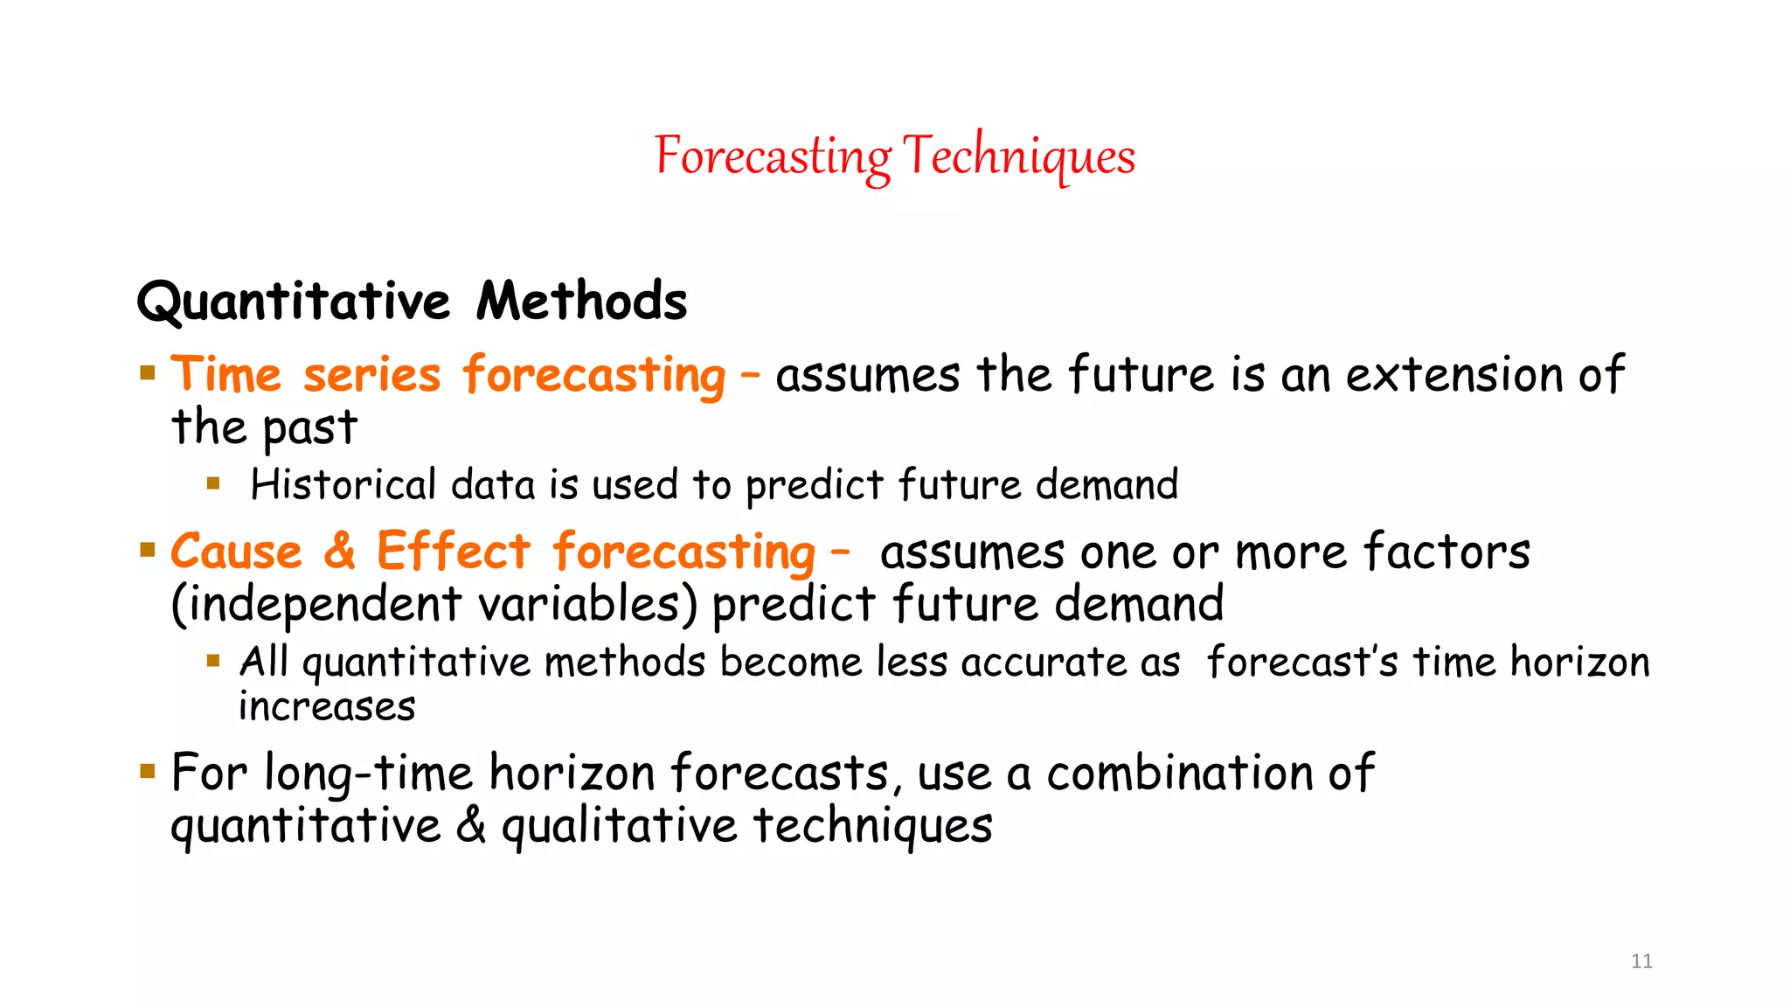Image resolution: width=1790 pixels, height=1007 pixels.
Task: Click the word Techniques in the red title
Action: [x=1018, y=157]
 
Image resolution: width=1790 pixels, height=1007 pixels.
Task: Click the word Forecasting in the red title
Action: [x=773, y=157]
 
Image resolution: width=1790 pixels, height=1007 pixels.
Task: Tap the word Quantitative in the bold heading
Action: [x=294, y=302]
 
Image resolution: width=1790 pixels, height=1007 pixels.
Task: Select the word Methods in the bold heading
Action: [x=581, y=302]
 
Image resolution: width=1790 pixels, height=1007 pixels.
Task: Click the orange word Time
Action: [x=226, y=375]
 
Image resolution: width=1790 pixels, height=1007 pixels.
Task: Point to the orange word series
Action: [x=371, y=377]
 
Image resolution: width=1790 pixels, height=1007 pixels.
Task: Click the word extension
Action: [x=1454, y=375]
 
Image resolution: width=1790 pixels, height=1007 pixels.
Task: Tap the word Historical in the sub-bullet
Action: [x=343, y=485]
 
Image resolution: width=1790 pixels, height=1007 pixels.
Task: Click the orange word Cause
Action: [x=236, y=552]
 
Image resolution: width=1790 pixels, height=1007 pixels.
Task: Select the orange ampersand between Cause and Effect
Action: [x=339, y=552]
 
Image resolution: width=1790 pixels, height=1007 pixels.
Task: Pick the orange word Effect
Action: [x=453, y=552]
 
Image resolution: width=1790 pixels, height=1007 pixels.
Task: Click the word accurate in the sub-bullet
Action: [x=1044, y=663]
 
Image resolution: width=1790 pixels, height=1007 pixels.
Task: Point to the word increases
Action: [x=327, y=707]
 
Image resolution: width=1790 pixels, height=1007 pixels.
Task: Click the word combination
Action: [x=1179, y=774]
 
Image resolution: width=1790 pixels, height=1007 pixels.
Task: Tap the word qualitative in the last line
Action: [x=619, y=827]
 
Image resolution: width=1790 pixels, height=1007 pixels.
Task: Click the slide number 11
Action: [x=1641, y=962]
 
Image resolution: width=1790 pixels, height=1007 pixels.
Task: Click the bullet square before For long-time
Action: [x=148, y=771]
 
